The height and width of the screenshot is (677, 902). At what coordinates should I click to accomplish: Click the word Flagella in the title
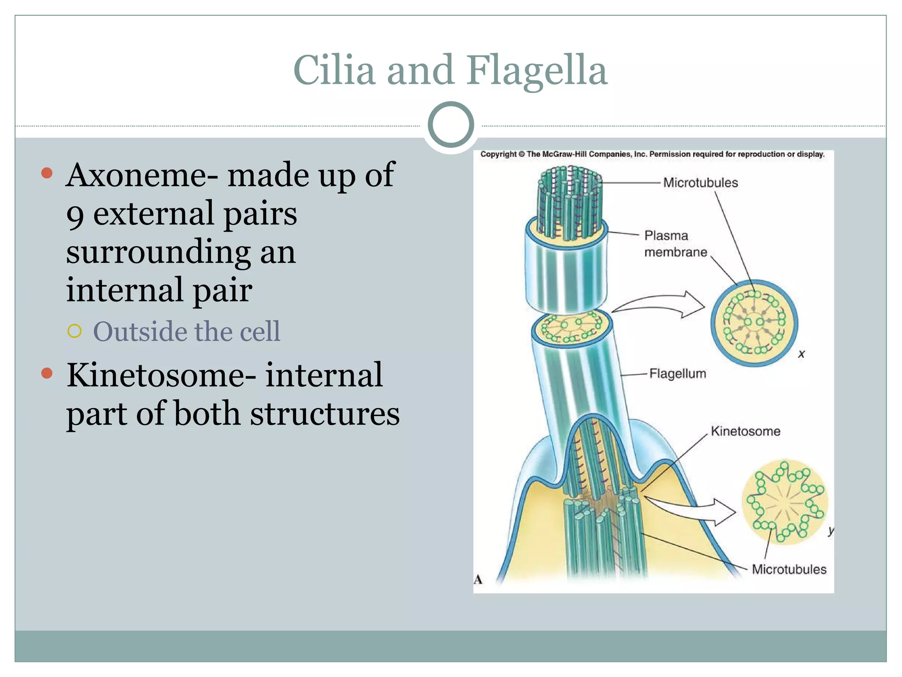coord(537,71)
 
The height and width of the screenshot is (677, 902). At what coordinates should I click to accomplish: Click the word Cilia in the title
coord(334,71)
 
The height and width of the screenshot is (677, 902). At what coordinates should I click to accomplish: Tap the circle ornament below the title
coord(451,125)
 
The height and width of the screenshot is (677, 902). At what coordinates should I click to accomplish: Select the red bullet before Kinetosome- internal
coord(47,373)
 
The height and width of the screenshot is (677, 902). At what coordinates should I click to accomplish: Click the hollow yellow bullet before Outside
coord(75,331)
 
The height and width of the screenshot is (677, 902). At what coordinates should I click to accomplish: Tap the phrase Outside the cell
coord(186,331)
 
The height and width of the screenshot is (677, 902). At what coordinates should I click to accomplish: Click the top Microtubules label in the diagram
coord(700,182)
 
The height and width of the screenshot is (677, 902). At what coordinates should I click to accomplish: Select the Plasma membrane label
coord(675,244)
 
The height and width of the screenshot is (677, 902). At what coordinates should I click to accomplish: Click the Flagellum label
coord(677,374)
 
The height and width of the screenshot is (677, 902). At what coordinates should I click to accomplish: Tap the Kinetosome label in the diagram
coord(745,431)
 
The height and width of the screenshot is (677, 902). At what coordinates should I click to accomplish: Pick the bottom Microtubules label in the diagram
coord(789,569)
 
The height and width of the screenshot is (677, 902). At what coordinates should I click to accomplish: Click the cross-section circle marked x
coord(754,323)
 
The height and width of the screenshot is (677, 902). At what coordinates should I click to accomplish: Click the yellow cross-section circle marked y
coord(785,502)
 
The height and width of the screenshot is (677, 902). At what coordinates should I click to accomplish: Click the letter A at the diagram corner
coord(478,580)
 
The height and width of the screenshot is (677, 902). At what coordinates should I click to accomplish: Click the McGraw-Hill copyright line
coord(652,154)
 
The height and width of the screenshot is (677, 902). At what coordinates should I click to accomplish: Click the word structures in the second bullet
coord(325,414)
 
